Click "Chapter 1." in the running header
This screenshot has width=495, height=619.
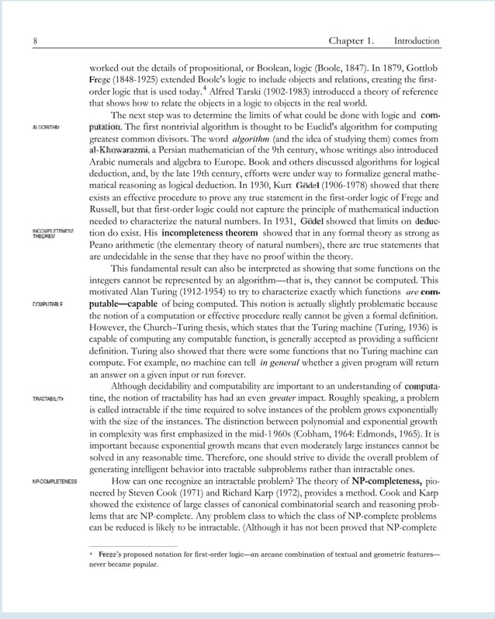tap(351, 40)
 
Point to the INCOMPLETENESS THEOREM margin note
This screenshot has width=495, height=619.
tap(53, 234)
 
